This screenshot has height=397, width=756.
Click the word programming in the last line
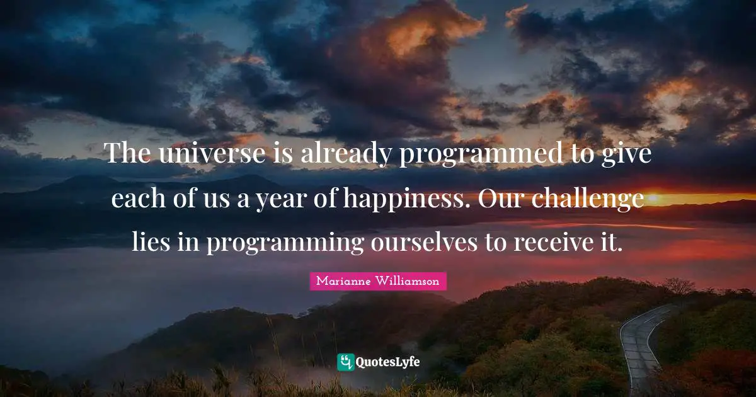coord(285,242)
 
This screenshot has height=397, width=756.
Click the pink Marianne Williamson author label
coord(378,281)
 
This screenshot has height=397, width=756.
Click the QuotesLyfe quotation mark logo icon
coord(345,362)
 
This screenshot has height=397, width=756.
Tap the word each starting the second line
coord(136,198)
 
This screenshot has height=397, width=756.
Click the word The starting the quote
coord(128,153)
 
